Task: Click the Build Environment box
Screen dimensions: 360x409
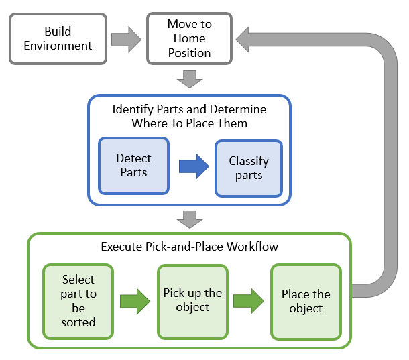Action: (58, 39)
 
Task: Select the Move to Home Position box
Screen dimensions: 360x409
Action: (189, 39)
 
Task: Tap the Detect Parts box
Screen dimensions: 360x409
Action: (134, 166)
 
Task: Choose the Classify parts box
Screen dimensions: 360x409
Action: (249, 168)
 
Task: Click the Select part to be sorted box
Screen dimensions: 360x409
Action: (78, 300)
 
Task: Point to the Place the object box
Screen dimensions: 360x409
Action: (306, 301)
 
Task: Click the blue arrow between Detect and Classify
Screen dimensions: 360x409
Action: (194, 167)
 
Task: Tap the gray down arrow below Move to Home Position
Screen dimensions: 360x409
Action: (190, 80)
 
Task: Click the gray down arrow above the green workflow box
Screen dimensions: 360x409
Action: (190, 219)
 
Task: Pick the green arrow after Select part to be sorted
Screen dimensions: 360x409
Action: (135, 300)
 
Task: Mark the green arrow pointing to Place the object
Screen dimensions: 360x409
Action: (249, 300)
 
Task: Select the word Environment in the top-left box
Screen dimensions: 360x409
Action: (58, 46)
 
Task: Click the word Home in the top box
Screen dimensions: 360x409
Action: (189, 38)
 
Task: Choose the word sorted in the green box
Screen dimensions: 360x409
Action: (78, 322)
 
